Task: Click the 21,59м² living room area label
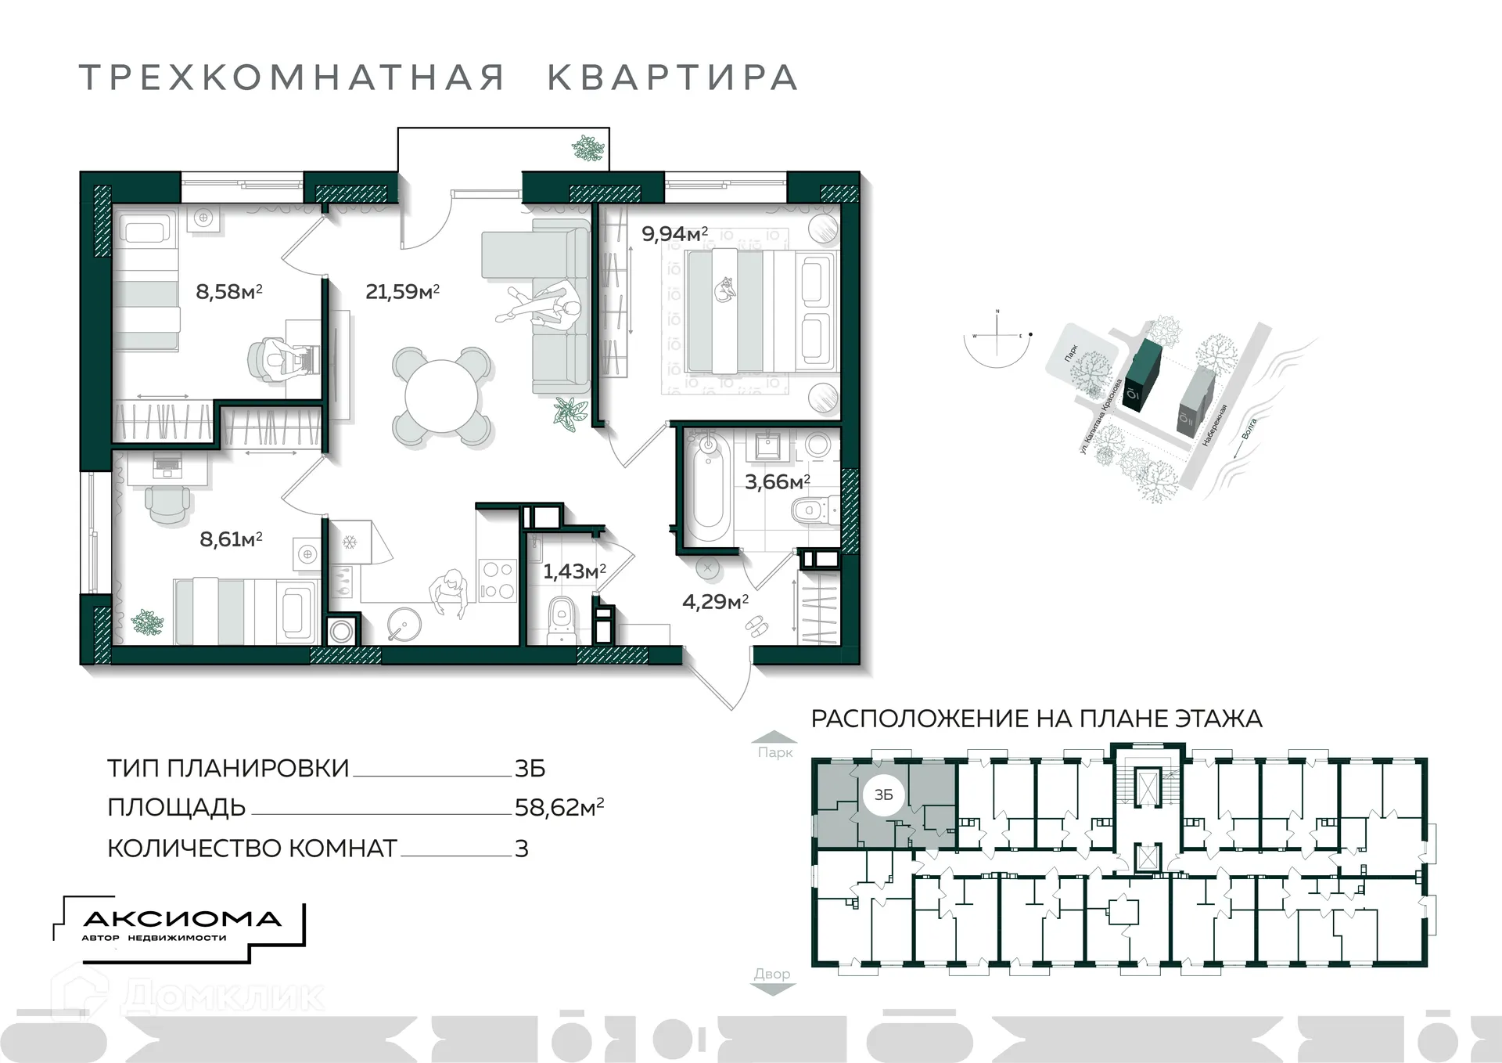pos(402,292)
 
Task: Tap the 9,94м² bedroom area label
pos(674,233)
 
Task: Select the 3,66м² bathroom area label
pos(777,481)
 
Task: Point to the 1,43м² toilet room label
pos(575,571)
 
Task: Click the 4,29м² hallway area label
pos(715,601)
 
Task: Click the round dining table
pos(441,396)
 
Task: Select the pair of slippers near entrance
pos(756,625)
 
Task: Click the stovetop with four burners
pos(497,580)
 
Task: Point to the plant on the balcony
pos(587,148)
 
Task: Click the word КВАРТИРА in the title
pos(672,78)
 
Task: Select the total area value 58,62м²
pos(559,807)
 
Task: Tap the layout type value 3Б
pos(530,769)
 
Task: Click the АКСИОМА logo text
pos(181,919)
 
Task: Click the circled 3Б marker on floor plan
pos(883,795)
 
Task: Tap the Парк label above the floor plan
pos(774,752)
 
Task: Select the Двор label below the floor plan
pos(772,974)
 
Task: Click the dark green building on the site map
pos(1142,375)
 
